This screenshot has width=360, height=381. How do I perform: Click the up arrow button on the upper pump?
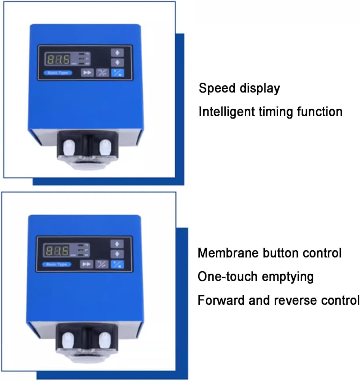pos(118,53)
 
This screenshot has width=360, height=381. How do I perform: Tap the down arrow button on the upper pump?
pos(118,62)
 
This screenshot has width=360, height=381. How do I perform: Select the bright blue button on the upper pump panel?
pos(118,73)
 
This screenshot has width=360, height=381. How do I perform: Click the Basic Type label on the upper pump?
pos(57,73)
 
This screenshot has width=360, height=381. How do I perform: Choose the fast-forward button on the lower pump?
pos(87,264)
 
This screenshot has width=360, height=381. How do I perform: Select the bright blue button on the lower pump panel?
pos(117,264)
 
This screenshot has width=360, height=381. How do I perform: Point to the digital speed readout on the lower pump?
pos(57,251)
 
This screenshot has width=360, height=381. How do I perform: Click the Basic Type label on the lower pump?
pos(57,264)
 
